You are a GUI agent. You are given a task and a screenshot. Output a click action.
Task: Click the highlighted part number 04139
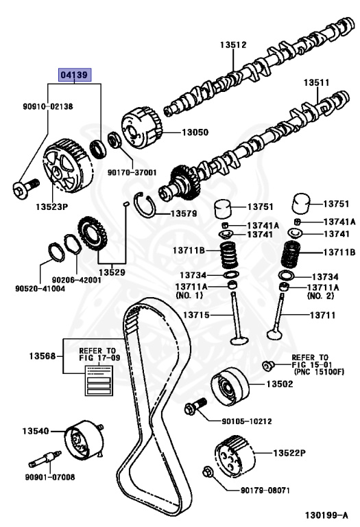[74, 75]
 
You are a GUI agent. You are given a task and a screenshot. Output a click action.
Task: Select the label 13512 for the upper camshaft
[233, 45]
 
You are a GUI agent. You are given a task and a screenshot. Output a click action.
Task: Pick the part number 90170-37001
[132, 173]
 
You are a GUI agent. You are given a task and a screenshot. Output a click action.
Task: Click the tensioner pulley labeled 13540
[82, 437]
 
